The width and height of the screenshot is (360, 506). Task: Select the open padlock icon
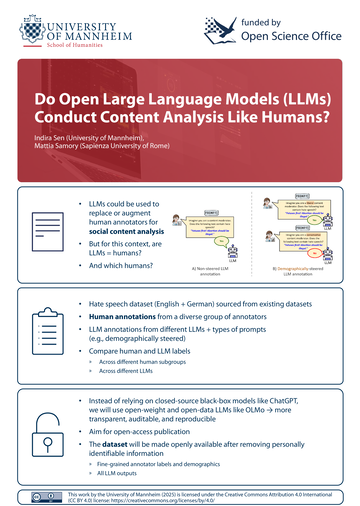pyautogui.click(x=40, y=428)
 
